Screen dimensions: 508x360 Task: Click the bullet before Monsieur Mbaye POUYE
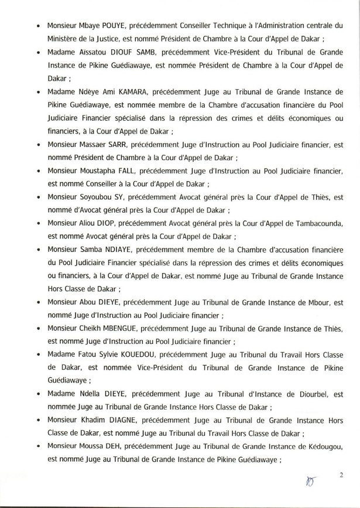(38, 27)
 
